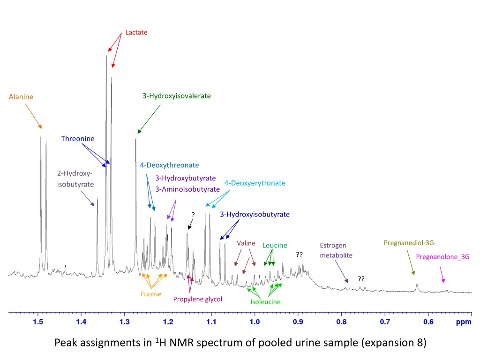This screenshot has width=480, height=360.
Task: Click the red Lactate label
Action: click(136, 32)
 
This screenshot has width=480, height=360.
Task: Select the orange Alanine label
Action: click(21, 97)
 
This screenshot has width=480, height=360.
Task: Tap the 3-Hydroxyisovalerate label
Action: click(177, 96)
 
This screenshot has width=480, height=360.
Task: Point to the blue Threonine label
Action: click(78, 138)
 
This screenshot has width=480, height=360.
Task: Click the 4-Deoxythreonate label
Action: click(169, 165)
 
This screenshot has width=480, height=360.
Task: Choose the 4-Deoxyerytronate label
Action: click(255, 183)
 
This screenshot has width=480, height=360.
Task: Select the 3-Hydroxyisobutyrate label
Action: click(255, 214)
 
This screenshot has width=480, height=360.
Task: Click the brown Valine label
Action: click(246, 243)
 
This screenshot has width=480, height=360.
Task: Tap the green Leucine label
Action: click(275, 245)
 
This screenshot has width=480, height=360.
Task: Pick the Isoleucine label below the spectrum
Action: click(265, 302)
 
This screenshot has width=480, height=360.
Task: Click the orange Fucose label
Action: click(151, 294)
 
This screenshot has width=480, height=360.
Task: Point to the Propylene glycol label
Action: click(197, 299)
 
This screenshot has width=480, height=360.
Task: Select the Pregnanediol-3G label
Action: click(409, 242)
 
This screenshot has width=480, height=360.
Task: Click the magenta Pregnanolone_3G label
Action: click(442, 256)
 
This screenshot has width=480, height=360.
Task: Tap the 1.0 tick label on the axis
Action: click(255, 322)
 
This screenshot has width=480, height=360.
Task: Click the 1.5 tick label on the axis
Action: click(38, 322)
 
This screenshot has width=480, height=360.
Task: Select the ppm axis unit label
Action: click(464, 322)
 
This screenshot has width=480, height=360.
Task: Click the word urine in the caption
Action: click(323, 343)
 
